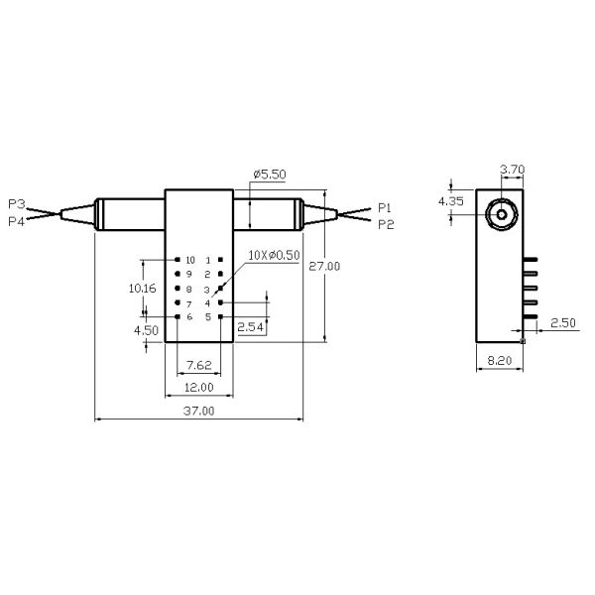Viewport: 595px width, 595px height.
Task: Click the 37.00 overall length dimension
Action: [x=198, y=411]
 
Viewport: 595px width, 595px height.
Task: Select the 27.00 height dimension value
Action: [x=324, y=266]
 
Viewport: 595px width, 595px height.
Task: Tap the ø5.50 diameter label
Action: [x=270, y=174]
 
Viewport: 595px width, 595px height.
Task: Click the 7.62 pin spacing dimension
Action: [x=198, y=364]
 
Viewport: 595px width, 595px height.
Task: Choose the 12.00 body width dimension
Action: [x=198, y=387]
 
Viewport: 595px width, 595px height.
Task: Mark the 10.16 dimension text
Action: [x=144, y=288]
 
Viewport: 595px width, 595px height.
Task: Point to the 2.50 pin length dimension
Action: [x=562, y=323]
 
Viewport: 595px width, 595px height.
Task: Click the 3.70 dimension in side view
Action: [x=512, y=170]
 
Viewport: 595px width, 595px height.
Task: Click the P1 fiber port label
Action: [x=385, y=208]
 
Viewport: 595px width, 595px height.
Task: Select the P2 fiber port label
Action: [x=385, y=224]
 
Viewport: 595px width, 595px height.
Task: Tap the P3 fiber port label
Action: [x=15, y=203]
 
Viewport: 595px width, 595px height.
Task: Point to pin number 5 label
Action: [x=208, y=317]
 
